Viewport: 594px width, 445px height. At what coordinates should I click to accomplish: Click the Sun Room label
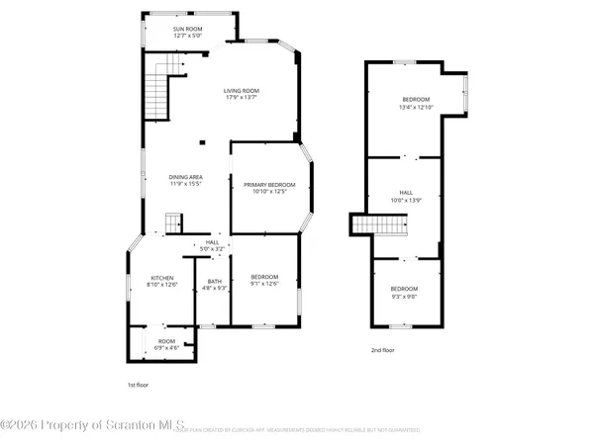pos(187,30)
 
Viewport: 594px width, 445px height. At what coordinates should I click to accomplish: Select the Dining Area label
pos(185,176)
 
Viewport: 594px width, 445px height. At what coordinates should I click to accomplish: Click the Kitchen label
pos(162,278)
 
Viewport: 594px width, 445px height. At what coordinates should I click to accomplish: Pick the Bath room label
pos(214,281)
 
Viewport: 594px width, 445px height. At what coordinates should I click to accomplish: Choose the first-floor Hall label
pos(213,242)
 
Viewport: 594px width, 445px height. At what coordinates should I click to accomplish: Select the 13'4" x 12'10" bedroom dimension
pos(416,108)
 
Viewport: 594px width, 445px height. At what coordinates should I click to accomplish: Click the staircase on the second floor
pos(380,226)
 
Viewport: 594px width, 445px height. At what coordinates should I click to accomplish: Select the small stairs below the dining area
pos(174,222)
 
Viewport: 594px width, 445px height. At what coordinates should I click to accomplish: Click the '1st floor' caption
pos(140,385)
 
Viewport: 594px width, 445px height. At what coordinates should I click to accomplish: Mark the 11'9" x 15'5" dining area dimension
pos(185,184)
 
